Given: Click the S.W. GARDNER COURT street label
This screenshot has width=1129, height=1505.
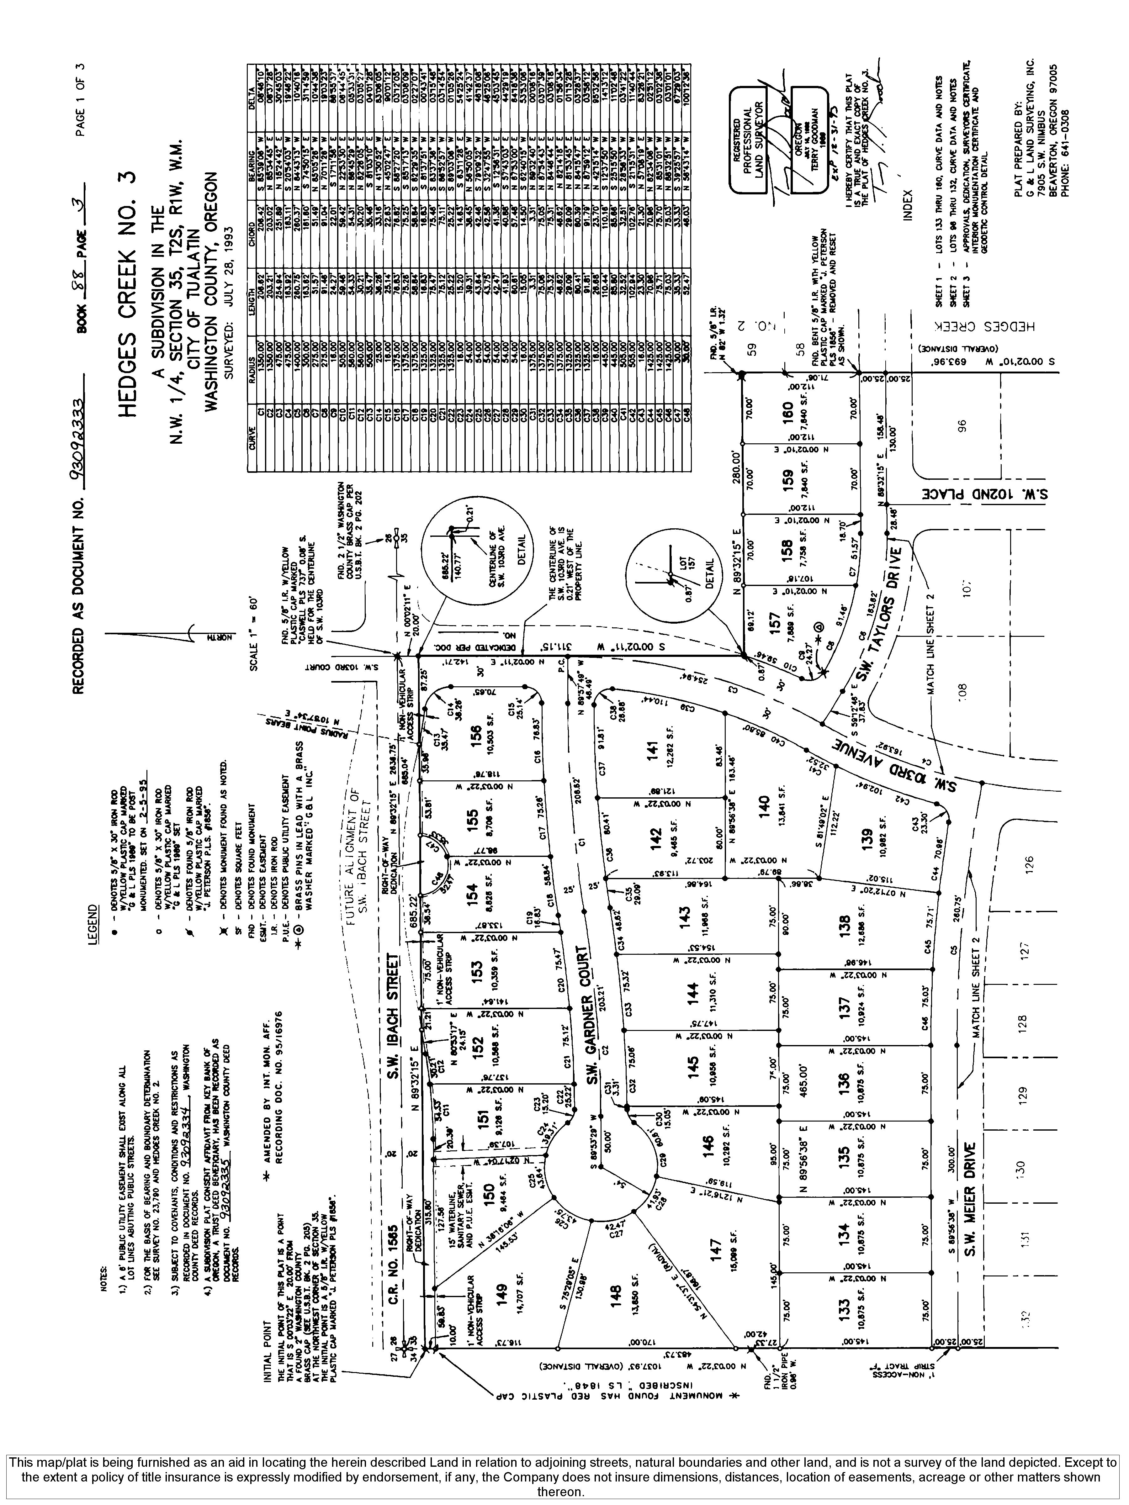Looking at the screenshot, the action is click(592, 1027).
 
